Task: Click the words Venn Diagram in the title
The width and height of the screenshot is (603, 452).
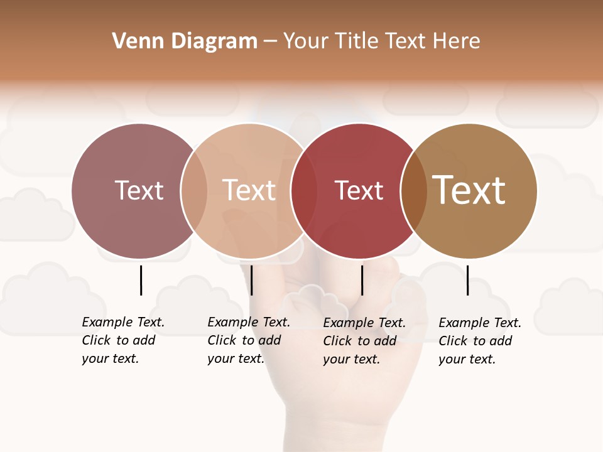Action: (x=185, y=41)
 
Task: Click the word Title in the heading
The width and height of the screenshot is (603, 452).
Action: (x=359, y=41)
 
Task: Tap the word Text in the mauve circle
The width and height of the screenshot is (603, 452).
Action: (x=139, y=190)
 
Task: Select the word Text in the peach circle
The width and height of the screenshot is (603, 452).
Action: (x=249, y=190)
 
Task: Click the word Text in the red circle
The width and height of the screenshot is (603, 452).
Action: (x=359, y=190)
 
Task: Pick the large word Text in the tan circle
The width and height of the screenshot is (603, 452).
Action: (x=469, y=190)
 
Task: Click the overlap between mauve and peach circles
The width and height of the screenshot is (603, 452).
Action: (x=194, y=191)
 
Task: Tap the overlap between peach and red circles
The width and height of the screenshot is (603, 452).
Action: (x=304, y=191)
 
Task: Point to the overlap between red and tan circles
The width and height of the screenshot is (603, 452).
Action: (x=414, y=191)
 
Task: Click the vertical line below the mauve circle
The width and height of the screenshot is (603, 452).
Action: (x=141, y=280)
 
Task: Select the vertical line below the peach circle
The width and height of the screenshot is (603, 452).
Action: (x=251, y=280)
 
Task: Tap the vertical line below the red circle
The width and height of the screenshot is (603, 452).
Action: (x=362, y=280)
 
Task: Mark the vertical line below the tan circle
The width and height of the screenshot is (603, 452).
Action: (x=467, y=280)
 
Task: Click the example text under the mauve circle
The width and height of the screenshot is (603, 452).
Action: (x=123, y=340)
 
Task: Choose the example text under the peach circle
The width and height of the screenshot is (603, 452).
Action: (x=249, y=340)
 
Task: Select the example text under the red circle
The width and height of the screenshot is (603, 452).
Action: (x=364, y=341)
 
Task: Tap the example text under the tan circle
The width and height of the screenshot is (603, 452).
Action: (x=480, y=341)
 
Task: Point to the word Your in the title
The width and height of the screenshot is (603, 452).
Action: (x=306, y=41)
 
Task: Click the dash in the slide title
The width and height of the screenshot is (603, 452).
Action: (x=270, y=41)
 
